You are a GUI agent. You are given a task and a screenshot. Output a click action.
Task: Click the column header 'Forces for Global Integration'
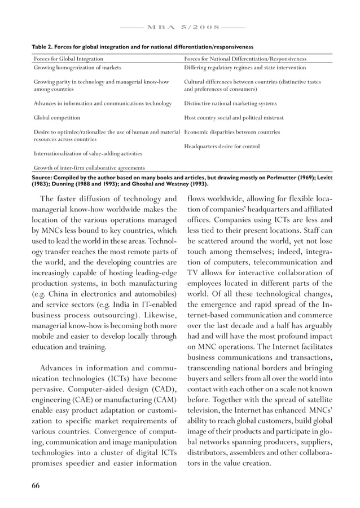click(68, 59)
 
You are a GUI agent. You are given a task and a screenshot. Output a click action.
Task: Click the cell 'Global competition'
click(57, 118)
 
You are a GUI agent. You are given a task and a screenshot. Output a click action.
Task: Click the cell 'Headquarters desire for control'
click(222, 147)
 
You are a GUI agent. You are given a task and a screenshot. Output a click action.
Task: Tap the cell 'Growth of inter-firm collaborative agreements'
click(89, 167)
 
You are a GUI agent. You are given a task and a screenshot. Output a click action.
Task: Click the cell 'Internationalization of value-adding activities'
click(88, 153)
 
